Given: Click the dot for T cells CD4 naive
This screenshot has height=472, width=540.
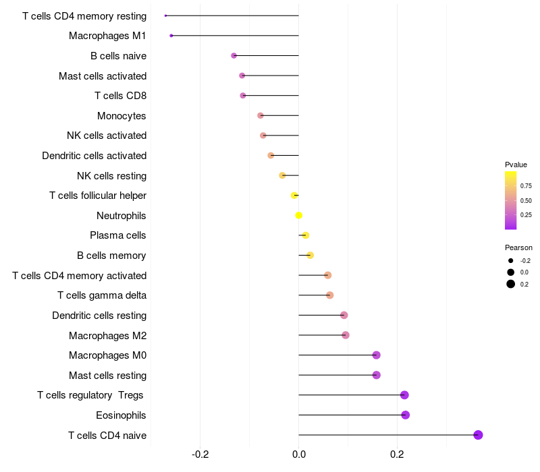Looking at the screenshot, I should pyautogui.click(x=478, y=435).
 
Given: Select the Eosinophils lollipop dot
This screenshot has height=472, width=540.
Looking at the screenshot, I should pyautogui.click(x=405, y=415).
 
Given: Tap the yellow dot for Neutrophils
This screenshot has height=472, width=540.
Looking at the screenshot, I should pyautogui.click(x=298, y=216).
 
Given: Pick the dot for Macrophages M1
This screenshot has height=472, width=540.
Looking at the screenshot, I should pyautogui.click(x=171, y=36).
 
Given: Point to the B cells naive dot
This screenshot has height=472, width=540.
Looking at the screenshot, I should pyautogui.click(x=234, y=55).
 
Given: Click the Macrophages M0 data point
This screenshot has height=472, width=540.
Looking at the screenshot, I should pyautogui.click(x=376, y=355).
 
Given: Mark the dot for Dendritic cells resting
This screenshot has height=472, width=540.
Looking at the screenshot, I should pyautogui.click(x=344, y=315).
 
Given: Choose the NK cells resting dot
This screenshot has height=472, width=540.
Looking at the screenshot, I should pyautogui.click(x=282, y=176).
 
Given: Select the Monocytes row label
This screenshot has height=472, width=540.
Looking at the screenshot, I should pyautogui.click(x=122, y=116).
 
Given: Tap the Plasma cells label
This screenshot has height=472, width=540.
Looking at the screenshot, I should pyautogui.click(x=118, y=235).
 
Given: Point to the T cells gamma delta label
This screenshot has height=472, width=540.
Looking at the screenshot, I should pyautogui.click(x=102, y=295).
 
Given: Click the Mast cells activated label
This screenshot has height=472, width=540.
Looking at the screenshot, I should pyautogui.click(x=103, y=76).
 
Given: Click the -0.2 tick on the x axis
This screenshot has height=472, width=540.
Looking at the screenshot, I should pyautogui.click(x=200, y=454).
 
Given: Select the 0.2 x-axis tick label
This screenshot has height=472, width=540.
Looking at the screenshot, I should pyautogui.click(x=397, y=454).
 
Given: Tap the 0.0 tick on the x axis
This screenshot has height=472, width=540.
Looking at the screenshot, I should pyautogui.click(x=298, y=454).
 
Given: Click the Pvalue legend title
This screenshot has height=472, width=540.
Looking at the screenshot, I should pyautogui.click(x=516, y=165).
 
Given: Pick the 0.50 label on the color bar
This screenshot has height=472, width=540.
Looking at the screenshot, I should pyautogui.click(x=526, y=200).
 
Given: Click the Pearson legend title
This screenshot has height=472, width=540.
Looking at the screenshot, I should pyautogui.click(x=518, y=247).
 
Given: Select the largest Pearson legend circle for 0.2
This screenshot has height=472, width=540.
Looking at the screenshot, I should pyautogui.click(x=511, y=284).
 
